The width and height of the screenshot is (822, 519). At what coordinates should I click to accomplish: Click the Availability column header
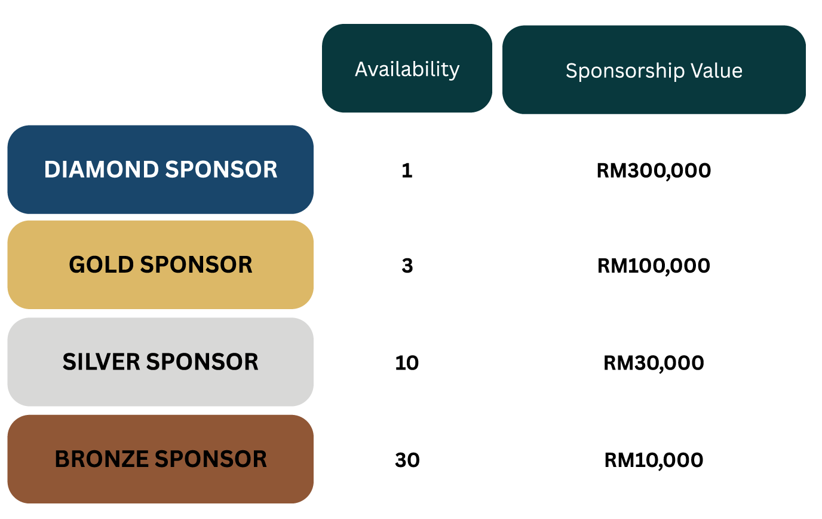click(x=407, y=69)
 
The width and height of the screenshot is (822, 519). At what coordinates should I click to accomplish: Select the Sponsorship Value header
click(x=654, y=71)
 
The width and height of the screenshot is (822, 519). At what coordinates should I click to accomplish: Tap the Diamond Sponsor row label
click(x=160, y=170)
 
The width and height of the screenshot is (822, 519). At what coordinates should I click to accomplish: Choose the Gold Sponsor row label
click(x=160, y=264)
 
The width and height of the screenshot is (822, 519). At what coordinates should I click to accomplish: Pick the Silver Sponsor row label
click(x=160, y=362)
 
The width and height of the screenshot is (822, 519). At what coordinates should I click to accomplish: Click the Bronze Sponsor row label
click(x=160, y=459)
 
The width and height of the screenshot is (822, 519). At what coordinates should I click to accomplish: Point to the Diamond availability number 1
click(x=407, y=171)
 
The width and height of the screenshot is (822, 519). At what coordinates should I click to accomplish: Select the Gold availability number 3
click(x=407, y=265)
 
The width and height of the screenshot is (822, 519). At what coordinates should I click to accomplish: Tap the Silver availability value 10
click(x=407, y=363)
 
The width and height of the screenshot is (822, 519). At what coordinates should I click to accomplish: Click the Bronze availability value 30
click(x=407, y=460)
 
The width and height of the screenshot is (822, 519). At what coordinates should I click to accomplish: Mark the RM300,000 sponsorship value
click(x=654, y=171)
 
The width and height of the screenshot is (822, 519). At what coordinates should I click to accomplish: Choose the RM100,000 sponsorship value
click(x=654, y=265)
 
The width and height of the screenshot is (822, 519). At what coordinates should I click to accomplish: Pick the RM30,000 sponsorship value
click(x=654, y=363)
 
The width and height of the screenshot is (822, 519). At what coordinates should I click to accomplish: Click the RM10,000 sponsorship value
click(x=654, y=460)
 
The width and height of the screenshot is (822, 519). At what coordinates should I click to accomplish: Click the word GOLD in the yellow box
click(x=101, y=264)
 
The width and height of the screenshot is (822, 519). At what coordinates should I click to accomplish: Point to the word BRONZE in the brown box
click(x=102, y=459)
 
